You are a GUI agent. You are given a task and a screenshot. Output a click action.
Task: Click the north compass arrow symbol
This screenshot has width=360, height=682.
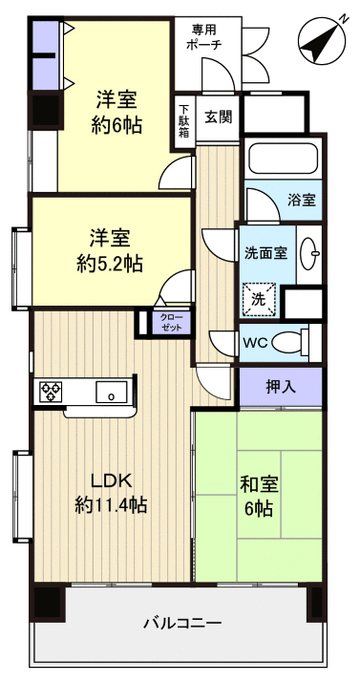[x=322, y=39]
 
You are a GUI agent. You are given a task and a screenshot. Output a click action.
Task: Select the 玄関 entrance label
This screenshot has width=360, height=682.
[x=219, y=118]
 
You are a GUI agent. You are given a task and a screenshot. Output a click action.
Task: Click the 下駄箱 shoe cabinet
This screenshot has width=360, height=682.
[x=184, y=120]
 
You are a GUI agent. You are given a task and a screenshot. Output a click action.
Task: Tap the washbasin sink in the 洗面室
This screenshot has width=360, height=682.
[x=309, y=253]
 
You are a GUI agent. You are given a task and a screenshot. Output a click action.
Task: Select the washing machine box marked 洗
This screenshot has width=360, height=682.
[x=260, y=299]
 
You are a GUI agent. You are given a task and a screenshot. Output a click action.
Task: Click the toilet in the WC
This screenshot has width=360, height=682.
[x=291, y=341]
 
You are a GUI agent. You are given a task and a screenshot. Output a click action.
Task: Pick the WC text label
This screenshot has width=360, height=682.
[x=255, y=342]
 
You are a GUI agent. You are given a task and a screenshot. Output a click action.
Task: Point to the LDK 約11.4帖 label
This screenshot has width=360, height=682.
[x=111, y=492]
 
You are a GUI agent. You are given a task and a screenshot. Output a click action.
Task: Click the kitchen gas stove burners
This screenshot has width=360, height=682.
[x=52, y=391]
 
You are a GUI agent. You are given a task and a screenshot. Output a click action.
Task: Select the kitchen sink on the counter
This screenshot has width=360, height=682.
[x=113, y=392]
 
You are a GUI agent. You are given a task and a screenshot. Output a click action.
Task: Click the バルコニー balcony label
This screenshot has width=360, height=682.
[x=182, y=623]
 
